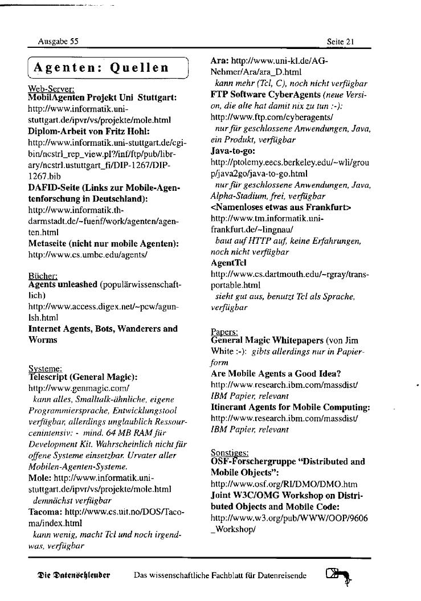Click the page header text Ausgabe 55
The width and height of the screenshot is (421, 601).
click(58, 42)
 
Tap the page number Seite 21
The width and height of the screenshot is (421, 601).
click(341, 42)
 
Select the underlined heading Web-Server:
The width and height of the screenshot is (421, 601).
click(51, 89)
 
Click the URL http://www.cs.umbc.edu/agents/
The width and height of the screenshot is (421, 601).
click(88, 254)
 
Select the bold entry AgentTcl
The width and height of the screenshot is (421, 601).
click(228, 264)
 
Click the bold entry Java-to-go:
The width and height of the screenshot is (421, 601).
click(233, 151)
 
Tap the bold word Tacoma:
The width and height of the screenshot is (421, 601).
click(46, 512)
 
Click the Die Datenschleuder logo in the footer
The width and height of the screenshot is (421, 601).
click(73, 575)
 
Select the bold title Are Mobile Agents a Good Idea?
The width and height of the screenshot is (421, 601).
click(276, 374)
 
